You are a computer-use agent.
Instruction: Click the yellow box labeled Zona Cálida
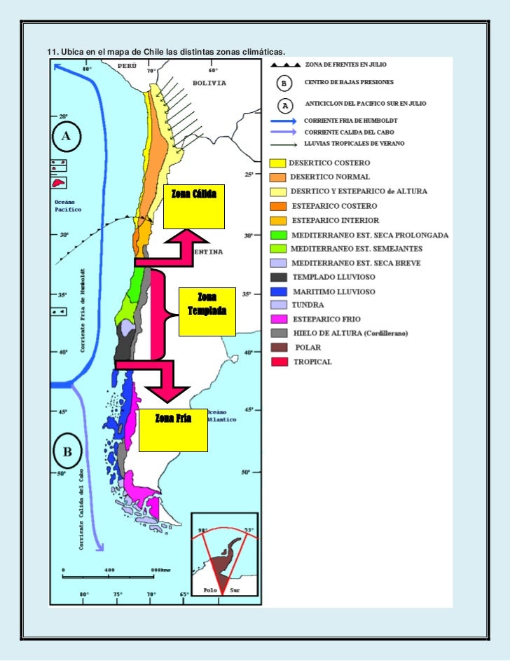pos(194,207)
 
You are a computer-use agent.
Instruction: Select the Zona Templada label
pos(207,304)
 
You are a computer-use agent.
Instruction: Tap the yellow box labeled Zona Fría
pos(173,430)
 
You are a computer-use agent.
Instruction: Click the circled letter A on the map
pos(67,137)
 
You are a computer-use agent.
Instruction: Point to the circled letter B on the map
pos(68,451)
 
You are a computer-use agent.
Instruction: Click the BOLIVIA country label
pos(209,82)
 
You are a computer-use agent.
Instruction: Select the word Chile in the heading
pos(153,52)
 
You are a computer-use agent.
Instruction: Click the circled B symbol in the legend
pos(284,84)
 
